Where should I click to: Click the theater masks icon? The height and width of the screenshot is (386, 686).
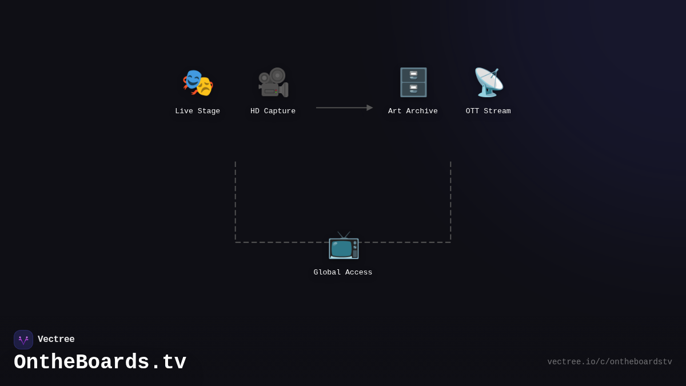point(198,82)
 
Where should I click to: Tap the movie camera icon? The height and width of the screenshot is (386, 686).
point(273,82)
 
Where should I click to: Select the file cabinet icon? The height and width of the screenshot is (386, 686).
point(413,82)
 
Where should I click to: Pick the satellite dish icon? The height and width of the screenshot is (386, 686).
point(488,82)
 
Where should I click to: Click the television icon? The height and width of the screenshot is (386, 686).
point(343,245)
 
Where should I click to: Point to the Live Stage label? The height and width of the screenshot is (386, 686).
point(197,111)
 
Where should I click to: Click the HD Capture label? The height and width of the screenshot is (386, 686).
point(273,111)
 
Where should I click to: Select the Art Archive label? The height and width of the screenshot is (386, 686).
point(413,111)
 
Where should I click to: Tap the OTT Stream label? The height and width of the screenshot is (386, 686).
point(488,111)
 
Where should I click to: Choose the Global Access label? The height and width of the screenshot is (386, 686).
point(343,272)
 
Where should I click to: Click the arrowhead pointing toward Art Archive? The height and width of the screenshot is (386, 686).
point(369,108)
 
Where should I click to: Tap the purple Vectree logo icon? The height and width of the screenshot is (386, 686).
point(23,340)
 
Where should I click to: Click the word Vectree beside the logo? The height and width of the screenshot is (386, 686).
point(56,340)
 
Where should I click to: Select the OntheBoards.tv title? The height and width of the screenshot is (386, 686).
point(100,363)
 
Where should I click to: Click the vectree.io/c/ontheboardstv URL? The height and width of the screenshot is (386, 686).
point(609,362)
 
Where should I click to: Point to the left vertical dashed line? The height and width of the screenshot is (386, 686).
point(235,200)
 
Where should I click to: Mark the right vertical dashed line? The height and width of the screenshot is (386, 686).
point(450,200)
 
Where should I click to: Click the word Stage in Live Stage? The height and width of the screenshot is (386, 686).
point(208,111)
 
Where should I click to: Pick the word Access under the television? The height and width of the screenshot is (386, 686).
point(358,272)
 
